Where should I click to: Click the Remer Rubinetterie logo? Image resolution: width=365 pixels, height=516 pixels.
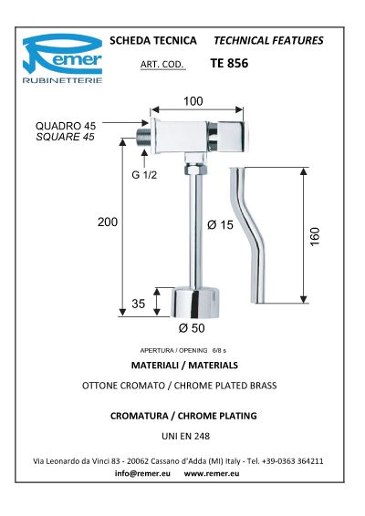pos(62,58)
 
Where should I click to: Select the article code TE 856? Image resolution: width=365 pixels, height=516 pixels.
pos(229,63)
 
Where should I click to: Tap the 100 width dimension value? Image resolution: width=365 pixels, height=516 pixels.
pos(193,101)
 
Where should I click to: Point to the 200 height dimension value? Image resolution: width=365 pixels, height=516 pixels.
pos(108,222)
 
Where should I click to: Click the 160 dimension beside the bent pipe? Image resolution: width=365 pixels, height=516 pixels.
pos(315,236)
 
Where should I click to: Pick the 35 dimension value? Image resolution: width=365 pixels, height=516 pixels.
pos(139,304)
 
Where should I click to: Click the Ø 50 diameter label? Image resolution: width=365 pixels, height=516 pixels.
pos(192,328)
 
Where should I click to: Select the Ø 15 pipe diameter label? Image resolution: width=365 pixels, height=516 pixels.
pos(221,225)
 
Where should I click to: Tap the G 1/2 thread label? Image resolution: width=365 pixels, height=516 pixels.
pos(144,175)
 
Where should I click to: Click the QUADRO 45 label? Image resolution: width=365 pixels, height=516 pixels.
pos(66,126)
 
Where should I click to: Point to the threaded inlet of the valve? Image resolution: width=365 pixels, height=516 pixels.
pos(143,138)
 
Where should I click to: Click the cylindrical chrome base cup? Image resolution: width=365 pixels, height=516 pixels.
pos(194,303)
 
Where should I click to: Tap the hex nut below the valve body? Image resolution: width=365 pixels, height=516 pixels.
pos(195,170)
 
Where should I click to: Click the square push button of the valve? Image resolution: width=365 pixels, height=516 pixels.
pos(231,137)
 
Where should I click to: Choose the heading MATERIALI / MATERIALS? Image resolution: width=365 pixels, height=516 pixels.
pos(184,365)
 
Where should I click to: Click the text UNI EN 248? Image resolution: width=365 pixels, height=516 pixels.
pos(186,436)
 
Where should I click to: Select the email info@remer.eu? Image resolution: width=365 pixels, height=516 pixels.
pos(142,473)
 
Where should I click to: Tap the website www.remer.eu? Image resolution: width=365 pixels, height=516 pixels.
pos(212,473)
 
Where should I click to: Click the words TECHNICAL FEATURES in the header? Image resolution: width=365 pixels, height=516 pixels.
pos(268,40)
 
